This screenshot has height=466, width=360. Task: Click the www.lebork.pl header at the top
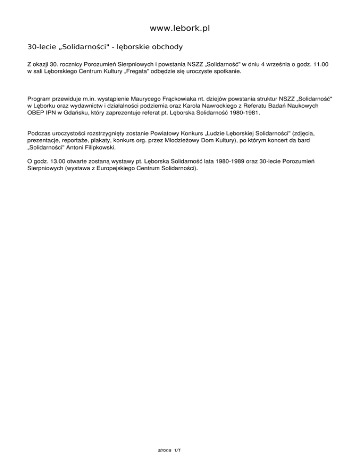(x=180, y=29)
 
